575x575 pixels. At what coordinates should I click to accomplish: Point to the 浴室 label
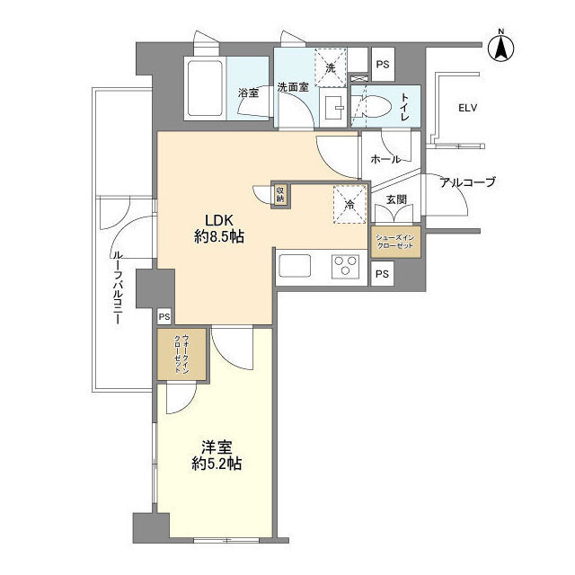point(248,92)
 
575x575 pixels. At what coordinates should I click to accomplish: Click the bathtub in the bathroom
point(205,87)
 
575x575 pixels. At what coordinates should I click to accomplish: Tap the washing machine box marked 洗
point(330,68)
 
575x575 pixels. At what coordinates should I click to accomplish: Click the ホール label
point(385,159)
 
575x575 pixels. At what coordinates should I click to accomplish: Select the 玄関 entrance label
point(396,199)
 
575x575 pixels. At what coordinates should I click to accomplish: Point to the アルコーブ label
point(467,182)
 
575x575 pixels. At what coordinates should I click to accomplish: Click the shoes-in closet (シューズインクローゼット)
point(396,243)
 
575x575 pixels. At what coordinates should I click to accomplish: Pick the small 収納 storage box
point(280,193)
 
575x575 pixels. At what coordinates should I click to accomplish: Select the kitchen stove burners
point(344,267)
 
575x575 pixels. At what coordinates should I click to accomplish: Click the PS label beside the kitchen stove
point(383,275)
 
